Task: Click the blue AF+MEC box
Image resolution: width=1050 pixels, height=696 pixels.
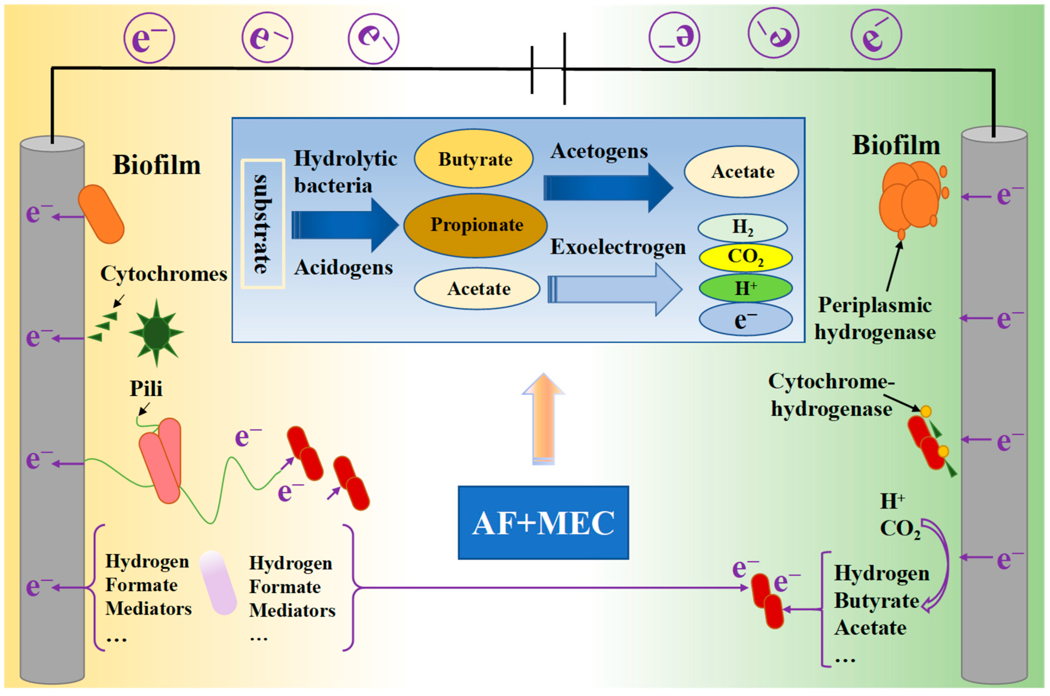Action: click(543, 522)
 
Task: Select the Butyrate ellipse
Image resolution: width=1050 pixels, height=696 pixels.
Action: click(474, 159)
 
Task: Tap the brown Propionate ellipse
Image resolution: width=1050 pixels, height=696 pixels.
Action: click(475, 225)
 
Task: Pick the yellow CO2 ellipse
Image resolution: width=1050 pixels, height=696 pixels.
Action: click(746, 257)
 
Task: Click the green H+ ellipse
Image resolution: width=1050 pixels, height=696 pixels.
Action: click(746, 288)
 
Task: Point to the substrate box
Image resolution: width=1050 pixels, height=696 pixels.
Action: click(263, 224)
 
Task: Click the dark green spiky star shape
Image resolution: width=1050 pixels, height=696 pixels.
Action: click(156, 332)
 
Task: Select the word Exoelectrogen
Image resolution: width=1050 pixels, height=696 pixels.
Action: click(618, 247)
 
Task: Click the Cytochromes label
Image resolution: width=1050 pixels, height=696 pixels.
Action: click(164, 273)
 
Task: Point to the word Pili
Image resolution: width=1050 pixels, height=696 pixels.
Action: click(146, 389)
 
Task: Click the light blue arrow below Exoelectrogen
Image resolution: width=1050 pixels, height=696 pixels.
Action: click(615, 289)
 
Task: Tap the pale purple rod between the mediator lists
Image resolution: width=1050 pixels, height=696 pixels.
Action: click(218, 583)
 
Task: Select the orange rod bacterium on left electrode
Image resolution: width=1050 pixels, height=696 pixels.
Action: click(101, 214)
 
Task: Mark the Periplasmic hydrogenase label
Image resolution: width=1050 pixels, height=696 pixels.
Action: click(875, 318)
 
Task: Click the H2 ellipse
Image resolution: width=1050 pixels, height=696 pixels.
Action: click(743, 228)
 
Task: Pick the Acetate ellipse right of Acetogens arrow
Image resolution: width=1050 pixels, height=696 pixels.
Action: click(741, 171)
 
